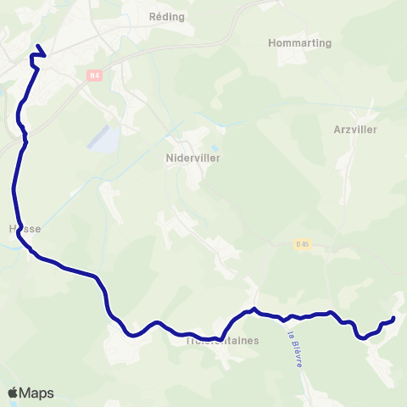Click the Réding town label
click(166, 16)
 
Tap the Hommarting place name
click(299, 42)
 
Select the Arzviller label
click(355, 130)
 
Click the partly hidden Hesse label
click(25, 229)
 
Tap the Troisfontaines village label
click(221, 340)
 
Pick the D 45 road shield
click(304, 245)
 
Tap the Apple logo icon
click(13, 393)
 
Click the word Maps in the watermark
click(36, 393)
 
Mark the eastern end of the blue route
click(394, 318)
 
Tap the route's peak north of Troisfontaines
click(254, 309)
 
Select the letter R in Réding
click(153, 16)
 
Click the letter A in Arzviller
click(338, 130)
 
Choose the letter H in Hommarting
click(271, 42)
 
